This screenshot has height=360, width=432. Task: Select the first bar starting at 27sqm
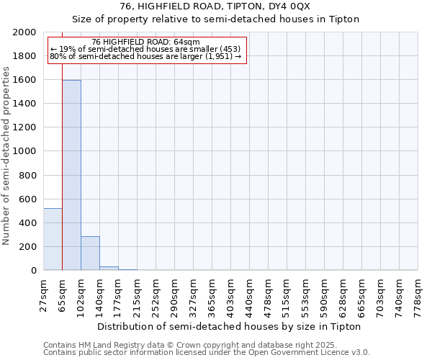pyautogui.click(x=53, y=239)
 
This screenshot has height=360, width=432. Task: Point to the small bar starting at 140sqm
pyautogui.click(x=109, y=268)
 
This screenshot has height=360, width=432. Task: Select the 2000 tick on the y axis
pyautogui.click(x=26, y=32)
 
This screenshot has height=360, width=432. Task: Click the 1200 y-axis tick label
pyautogui.click(x=26, y=127)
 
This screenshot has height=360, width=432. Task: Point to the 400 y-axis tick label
pyautogui.click(x=29, y=223)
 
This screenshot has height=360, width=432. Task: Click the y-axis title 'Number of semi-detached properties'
pyautogui.click(x=7, y=156)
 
